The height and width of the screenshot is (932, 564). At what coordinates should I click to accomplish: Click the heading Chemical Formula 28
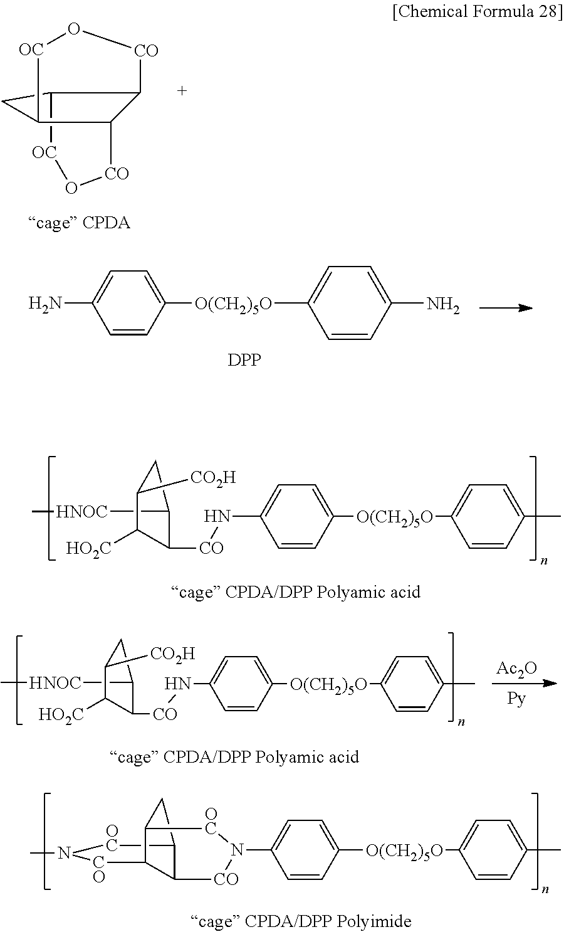tap(478, 13)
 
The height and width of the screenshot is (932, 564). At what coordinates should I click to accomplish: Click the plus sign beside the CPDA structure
tap(182, 91)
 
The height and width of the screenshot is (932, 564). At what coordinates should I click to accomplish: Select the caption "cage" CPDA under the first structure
tap(79, 223)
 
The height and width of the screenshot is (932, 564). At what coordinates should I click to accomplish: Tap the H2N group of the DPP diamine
tap(46, 305)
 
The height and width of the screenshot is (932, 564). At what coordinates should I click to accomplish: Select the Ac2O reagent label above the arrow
tap(516, 669)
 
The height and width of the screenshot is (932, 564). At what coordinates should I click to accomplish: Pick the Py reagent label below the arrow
tap(516, 699)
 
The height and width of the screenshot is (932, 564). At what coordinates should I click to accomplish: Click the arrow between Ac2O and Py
tap(524, 683)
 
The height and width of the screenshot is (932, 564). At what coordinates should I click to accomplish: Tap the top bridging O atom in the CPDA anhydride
tap(75, 29)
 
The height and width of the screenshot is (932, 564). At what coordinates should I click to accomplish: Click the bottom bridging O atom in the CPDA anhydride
tap(72, 187)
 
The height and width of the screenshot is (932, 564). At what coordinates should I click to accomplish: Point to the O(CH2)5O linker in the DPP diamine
tap(233, 305)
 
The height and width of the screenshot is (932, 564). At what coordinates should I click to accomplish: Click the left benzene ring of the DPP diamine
tap(130, 304)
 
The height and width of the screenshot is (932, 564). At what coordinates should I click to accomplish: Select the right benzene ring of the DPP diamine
tap(350, 304)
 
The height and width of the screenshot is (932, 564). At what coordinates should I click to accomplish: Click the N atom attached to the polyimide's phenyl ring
tap(236, 850)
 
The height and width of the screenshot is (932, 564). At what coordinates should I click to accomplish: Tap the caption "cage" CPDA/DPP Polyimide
tap(300, 921)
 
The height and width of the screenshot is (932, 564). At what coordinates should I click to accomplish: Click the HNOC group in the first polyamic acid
tap(81, 512)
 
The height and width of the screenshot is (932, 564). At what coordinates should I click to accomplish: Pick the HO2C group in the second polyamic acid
tap(61, 714)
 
